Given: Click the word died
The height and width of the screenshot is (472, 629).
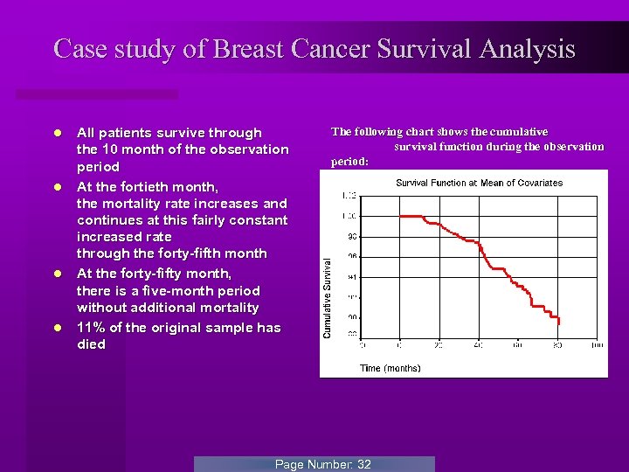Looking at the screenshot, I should coord(91,344).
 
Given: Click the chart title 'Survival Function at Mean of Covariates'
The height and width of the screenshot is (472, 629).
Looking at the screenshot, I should coord(479,183).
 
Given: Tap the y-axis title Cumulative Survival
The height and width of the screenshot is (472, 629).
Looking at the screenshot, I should coord(328,297).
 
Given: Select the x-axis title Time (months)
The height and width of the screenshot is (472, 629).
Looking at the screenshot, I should coord(390,368).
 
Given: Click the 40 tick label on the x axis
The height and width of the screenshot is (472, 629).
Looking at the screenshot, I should coord(478,345).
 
